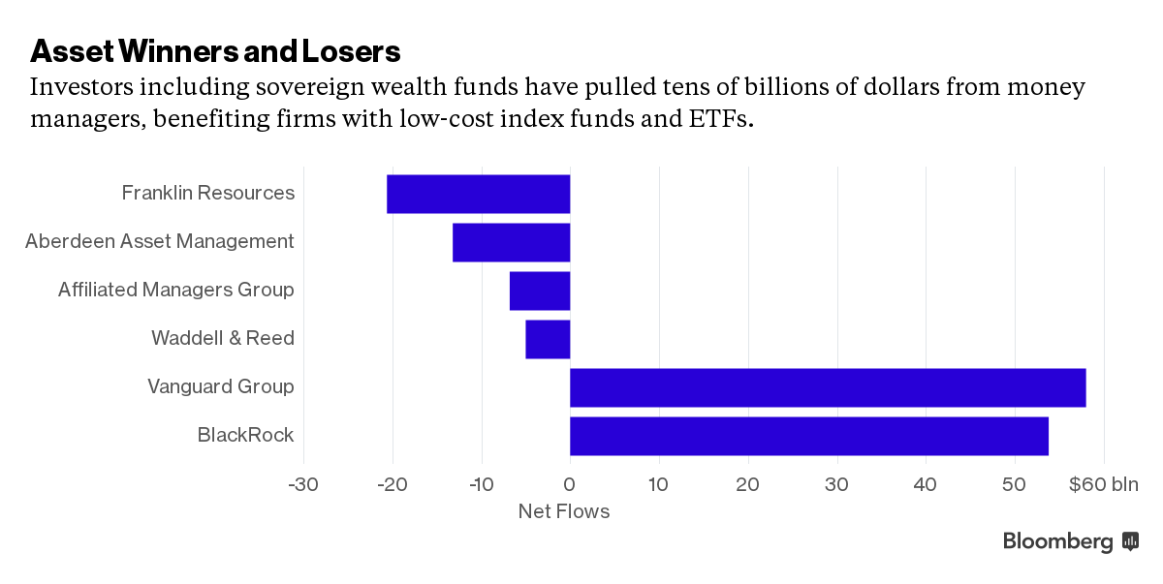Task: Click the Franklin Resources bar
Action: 479,194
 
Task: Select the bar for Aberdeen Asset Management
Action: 512,242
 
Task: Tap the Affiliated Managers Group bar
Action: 540,291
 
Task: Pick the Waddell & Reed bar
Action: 548,339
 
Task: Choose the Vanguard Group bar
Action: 828,387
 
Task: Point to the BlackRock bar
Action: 809,436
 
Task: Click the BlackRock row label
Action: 245,435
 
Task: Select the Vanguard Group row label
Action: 221,386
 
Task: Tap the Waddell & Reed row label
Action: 223,338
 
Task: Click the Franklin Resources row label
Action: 208,193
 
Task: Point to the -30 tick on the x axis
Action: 303,484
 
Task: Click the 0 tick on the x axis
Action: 570,484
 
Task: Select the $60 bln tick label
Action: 1104,484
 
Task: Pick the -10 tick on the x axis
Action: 481,484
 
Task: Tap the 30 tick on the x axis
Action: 836,484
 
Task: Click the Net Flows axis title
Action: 564,511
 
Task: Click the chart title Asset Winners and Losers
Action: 215,49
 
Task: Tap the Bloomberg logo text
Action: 1057,542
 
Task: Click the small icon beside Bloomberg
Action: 1130,541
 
